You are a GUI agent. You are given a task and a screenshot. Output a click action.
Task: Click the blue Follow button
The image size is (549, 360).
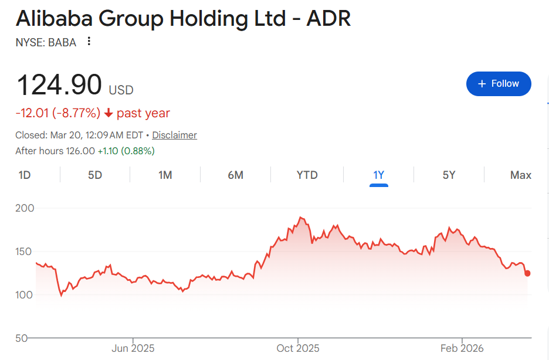tap(499, 84)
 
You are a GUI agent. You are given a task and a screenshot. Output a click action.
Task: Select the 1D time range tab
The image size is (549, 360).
tap(25, 175)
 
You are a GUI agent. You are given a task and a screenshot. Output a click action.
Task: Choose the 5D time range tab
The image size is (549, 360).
tap(95, 175)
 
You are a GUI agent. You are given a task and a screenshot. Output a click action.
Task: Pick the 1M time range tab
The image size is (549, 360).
tap(165, 175)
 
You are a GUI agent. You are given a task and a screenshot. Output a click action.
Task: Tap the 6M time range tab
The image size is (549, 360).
tap(235, 175)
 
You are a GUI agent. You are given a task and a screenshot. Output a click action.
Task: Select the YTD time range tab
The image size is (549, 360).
tap(307, 175)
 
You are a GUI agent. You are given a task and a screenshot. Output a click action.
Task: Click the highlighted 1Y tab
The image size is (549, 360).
tap(378, 175)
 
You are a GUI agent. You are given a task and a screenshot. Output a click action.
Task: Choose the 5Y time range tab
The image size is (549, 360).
tap(449, 175)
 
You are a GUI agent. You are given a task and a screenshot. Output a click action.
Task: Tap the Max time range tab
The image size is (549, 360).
tap(521, 175)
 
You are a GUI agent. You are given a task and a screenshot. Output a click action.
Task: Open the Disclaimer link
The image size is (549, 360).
tap(174, 135)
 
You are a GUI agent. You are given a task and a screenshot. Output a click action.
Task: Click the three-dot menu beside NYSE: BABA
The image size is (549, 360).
tap(89, 41)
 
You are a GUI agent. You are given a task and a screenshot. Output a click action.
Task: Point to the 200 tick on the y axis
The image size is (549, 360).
tap(25, 208)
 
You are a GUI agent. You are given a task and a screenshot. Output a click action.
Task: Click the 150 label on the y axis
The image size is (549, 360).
tap(25, 252)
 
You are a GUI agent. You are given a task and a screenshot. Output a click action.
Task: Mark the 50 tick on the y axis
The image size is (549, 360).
tap(22, 338)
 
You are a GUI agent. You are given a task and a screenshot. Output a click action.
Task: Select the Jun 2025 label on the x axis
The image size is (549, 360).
tap(133, 348)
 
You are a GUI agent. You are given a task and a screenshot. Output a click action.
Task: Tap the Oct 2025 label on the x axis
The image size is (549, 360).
tap(297, 348)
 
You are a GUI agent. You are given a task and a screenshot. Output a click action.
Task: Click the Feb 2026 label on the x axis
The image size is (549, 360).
tap(462, 348)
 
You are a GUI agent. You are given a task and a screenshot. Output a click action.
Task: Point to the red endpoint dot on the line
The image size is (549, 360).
tap(527, 273)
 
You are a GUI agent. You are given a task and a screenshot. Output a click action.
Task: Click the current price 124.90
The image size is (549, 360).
tap(59, 85)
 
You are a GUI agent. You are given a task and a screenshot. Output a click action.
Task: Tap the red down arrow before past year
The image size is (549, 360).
tap(109, 113)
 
